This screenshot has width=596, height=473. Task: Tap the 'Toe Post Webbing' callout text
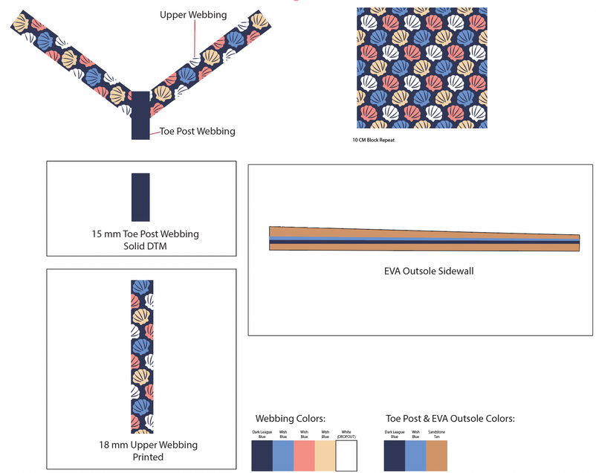pyautogui.click(x=198, y=132)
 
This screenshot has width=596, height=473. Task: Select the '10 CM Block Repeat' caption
pyautogui.click(x=374, y=140)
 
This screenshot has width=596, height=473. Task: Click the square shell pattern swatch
pyautogui.click(x=421, y=68)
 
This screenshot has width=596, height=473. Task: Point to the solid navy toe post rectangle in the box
pyautogui.click(x=140, y=197)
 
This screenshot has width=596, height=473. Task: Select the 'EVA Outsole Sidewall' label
pyautogui.click(x=424, y=271)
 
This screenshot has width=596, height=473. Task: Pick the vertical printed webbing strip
pyautogui.click(x=142, y=356)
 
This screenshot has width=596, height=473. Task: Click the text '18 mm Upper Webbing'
pyautogui.click(x=148, y=445)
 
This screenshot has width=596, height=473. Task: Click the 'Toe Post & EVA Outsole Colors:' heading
pyautogui.click(x=450, y=419)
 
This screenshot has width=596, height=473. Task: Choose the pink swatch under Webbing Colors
pyautogui.click(x=304, y=455)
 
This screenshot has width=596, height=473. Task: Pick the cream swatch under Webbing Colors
pyautogui.click(x=325, y=455)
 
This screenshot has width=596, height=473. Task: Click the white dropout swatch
pyautogui.click(x=346, y=455)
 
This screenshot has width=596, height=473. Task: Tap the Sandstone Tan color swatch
pyautogui.click(x=437, y=455)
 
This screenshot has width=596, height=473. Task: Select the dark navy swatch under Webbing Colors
pyautogui.click(x=262, y=455)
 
